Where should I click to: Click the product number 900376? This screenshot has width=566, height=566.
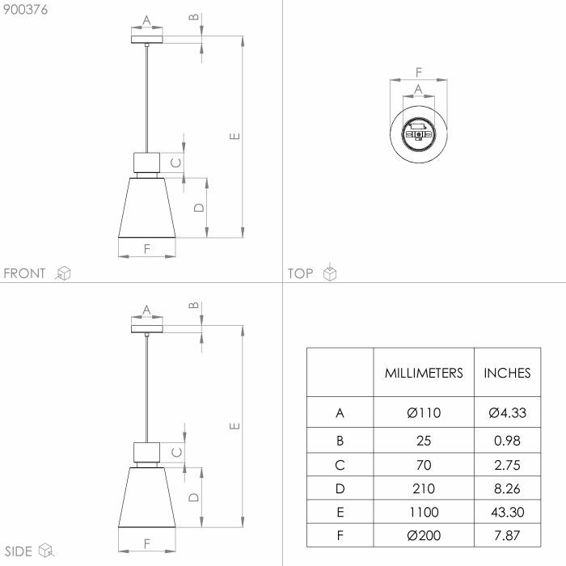pos(25,10)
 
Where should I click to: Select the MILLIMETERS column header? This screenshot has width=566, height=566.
pos(424,373)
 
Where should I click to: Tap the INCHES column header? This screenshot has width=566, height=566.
pos(507,373)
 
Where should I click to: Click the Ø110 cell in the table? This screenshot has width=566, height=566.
pos(424,412)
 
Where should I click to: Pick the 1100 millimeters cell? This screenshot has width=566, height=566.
pos(424,512)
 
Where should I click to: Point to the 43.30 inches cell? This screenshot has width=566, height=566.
pos(507,512)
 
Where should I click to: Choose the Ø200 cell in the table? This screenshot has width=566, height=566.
pos(424,535)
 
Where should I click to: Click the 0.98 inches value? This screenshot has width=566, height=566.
pos(507,441)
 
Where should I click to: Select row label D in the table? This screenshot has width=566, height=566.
pos(340,488)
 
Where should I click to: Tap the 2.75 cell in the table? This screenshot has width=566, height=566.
pos(507,465)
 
